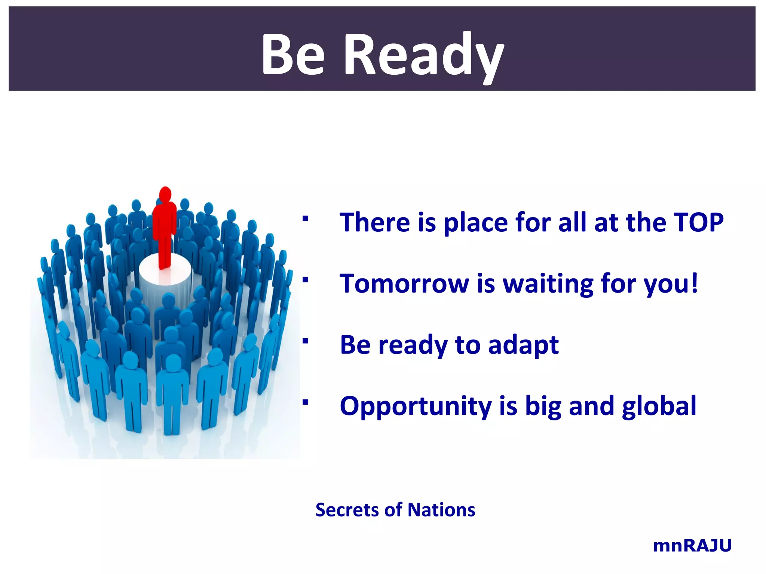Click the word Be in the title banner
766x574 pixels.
(293, 54)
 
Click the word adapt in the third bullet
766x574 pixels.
(523, 346)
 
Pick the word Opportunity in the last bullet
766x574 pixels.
(416, 407)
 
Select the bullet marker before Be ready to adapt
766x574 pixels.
(306, 341)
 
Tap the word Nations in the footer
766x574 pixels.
(441, 510)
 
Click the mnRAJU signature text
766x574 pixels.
(692, 546)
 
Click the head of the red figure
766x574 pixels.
(165, 195)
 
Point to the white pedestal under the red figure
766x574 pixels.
(165, 277)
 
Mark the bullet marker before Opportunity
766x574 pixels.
(306, 402)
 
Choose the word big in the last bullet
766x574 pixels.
(543, 407)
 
